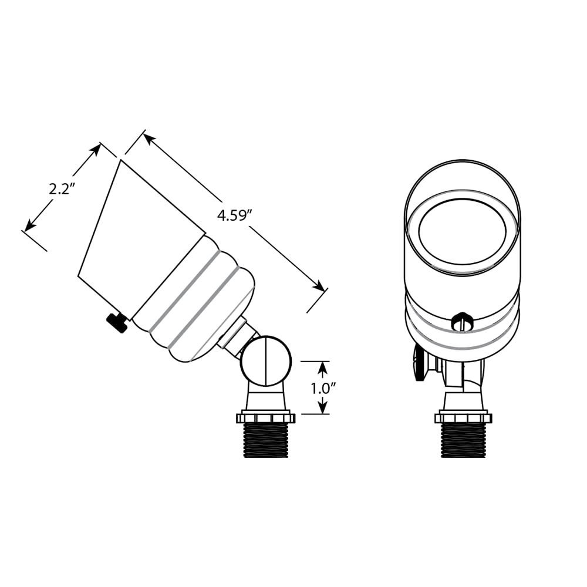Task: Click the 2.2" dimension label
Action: (60, 190)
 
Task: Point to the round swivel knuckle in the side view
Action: (265, 361)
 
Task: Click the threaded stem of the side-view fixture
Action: (266, 441)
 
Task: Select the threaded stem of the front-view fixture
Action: (464, 441)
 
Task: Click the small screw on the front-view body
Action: (463, 322)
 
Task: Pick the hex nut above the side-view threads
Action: (265, 417)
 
